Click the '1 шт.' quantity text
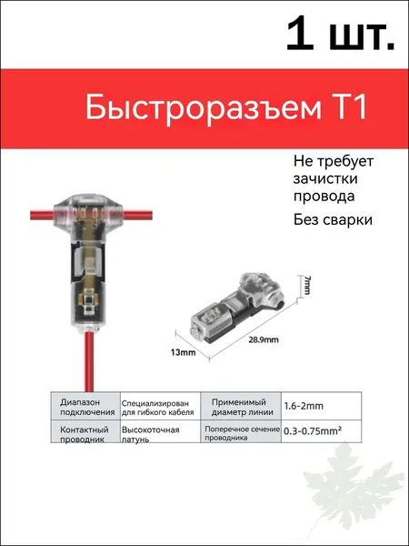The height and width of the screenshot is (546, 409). coord(340,35)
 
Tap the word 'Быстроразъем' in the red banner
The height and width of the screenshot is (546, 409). coord(204,109)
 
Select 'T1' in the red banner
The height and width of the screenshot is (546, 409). coord(348,108)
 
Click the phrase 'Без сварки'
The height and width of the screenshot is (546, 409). coord(333,220)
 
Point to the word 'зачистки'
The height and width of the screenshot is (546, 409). coord(325,179)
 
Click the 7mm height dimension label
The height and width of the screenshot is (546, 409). coord(306,285)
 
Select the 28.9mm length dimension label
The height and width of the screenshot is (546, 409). coord(264,339)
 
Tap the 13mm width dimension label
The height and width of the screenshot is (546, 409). coord(183,352)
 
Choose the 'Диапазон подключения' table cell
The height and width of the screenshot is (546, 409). coord(85,406)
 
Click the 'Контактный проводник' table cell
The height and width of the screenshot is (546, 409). coord(85,431)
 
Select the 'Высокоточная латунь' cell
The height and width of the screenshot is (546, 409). coord(160,431)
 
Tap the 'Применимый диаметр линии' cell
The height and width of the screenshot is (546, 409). coord(241,406)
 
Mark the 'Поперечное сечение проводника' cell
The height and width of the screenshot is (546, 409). coord(241,431)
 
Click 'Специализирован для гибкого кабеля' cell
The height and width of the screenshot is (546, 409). coord(160,406)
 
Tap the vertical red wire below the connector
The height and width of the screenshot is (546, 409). coord(89,361)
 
